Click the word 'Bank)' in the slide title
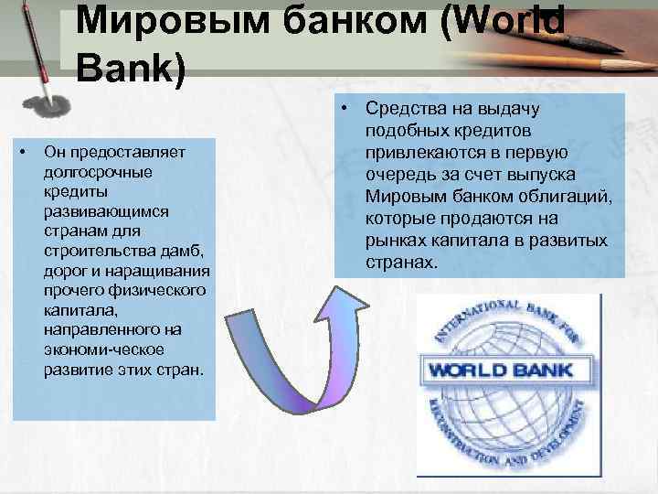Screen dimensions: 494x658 click(131, 70)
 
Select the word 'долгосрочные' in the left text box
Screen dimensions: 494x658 click(87, 171)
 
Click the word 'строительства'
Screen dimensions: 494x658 click(89, 252)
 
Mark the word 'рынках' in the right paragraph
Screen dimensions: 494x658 click(395, 241)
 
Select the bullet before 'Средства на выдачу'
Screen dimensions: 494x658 click(345, 110)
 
